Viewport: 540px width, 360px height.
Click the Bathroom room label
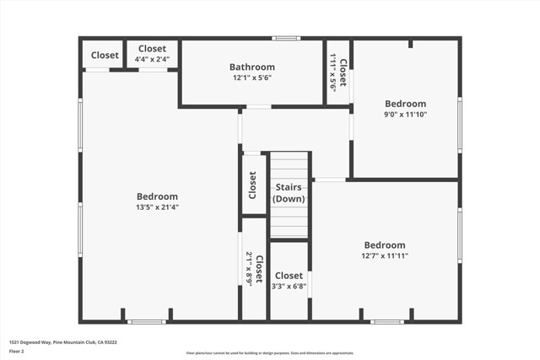[x=252, y=67]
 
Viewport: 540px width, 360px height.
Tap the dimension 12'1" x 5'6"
[x=252, y=78]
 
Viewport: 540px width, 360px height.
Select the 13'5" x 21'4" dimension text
[x=157, y=207]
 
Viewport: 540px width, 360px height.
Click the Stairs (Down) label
[x=289, y=193]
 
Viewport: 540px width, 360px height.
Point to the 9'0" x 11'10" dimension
[x=405, y=114]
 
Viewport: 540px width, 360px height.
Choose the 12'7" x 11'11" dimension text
[x=385, y=255]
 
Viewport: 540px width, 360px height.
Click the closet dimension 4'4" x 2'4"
[x=152, y=59]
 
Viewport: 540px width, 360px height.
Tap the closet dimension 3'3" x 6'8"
[x=289, y=286]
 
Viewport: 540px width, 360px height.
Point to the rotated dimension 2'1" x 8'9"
[x=249, y=270]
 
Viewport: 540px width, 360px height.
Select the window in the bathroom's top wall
[x=286, y=38]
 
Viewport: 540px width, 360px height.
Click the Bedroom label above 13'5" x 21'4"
[x=157, y=196]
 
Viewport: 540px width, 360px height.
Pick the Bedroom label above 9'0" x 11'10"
[x=405, y=104]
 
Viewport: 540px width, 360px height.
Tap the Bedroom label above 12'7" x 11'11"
[x=385, y=245]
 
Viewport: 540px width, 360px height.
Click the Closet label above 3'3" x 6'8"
[x=289, y=276]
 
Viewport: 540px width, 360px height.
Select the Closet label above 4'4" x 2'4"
[x=152, y=49]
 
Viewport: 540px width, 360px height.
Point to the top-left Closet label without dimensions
[x=105, y=55]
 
